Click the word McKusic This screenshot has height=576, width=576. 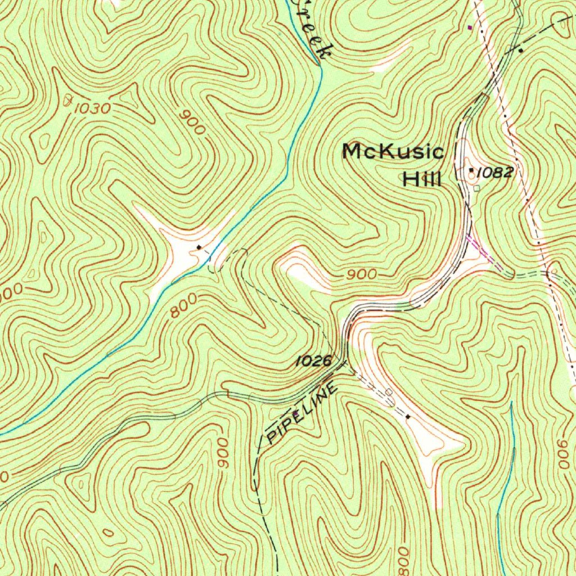(393, 152)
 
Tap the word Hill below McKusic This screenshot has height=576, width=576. (422, 179)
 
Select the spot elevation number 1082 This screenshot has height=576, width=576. (495, 172)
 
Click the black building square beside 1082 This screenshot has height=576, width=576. (471, 169)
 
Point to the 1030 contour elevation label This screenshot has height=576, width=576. (92, 108)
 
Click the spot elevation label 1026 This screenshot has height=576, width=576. (314, 361)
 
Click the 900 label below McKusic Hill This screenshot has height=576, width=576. (361, 274)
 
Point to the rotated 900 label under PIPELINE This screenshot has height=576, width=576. (223, 453)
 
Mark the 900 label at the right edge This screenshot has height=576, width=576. (564, 455)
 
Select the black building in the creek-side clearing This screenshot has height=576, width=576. (199, 247)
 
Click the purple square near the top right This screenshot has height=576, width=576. (471, 26)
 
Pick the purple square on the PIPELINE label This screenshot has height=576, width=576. (296, 413)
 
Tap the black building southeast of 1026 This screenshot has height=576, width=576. (408, 417)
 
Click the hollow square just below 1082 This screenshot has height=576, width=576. (477, 188)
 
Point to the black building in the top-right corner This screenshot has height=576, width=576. (521, 51)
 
